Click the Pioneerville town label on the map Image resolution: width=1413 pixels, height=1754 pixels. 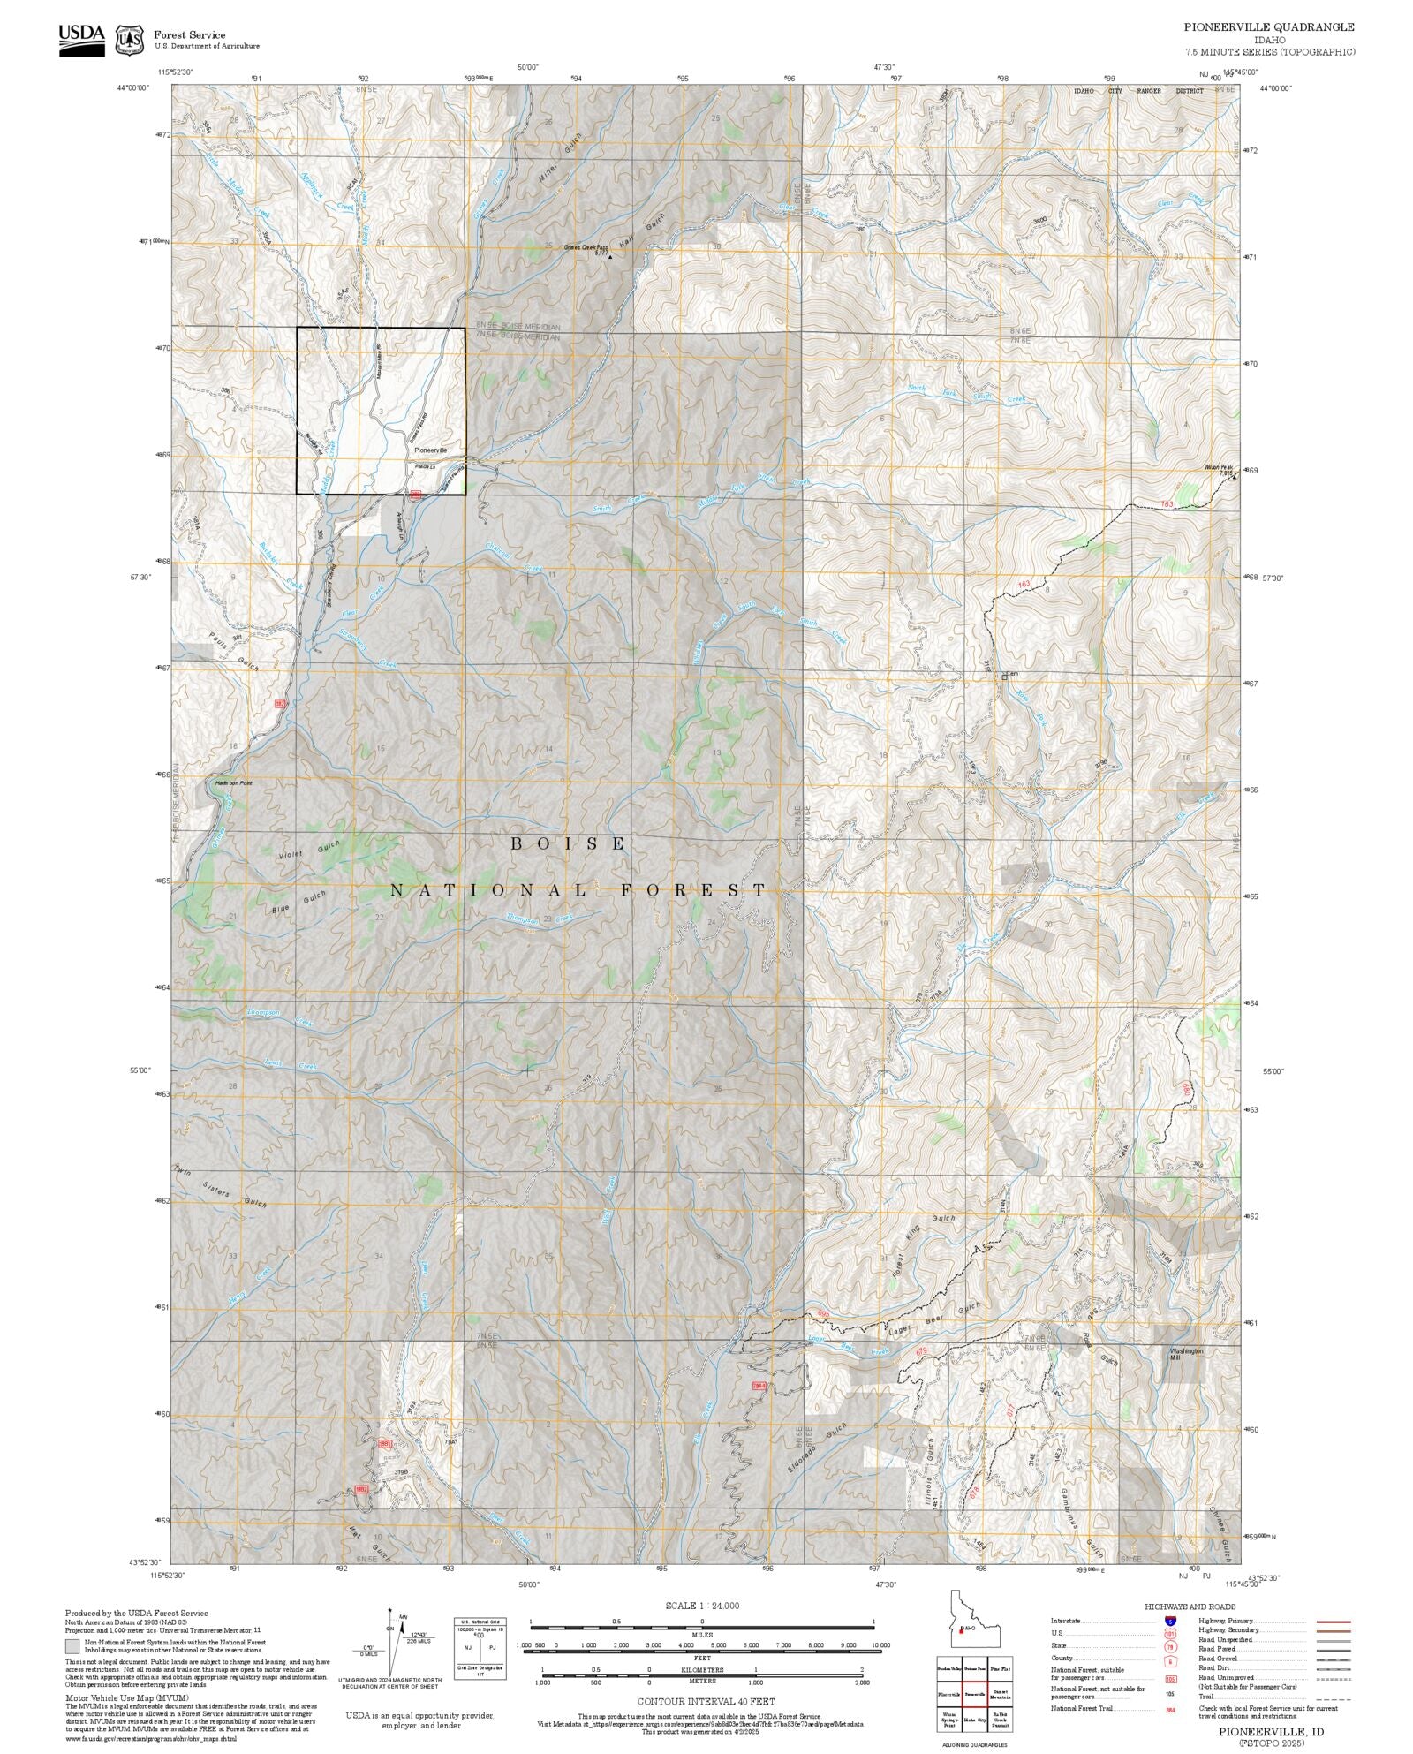[x=431, y=450]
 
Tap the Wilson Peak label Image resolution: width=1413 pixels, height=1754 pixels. [x=1216, y=467]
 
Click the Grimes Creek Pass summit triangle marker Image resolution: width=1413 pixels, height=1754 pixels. [x=609, y=257]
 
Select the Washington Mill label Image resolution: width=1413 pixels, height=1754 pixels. [x=1186, y=1354]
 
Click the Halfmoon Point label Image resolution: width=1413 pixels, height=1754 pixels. [x=233, y=782]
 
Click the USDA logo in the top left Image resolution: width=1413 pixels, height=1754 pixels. [x=81, y=40]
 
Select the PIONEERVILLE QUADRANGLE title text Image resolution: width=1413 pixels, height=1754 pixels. [x=1269, y=27]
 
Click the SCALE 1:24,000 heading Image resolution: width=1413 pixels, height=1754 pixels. [x=702, y=1606]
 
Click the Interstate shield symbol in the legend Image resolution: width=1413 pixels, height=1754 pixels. [x=1170, y=1622]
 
